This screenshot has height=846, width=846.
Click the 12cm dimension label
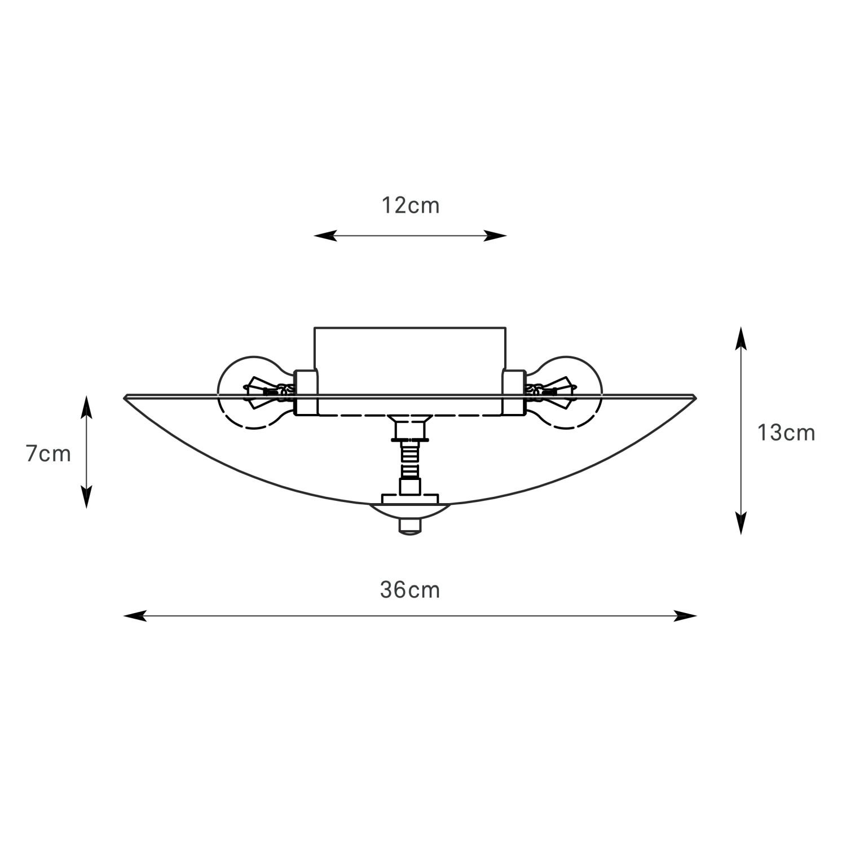[x=410, y=206]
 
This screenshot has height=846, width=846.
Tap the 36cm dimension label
[x=410, y=590]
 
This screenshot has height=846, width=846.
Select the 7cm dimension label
[x=49, y=454]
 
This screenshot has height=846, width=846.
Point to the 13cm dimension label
[x=786, y=433]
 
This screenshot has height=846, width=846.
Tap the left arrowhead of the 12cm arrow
[x=325, y=236]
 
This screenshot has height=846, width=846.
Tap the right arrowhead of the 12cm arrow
[x=496, y=236]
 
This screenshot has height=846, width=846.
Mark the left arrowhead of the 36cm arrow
[x=135, y=616]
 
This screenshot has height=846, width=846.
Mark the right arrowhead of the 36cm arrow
[x=686, y=616]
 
